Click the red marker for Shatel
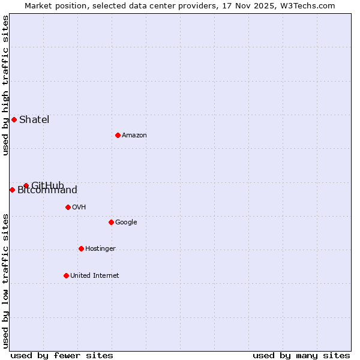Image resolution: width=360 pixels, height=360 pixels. click(14, 119)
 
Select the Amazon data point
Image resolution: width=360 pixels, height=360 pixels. click(118, 135)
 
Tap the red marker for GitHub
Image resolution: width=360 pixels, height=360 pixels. click(26, 185)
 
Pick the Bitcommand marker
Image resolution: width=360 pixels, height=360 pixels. click(12, 190)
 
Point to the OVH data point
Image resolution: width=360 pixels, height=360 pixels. click(68, 207)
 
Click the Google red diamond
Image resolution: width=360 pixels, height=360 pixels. click(111, 222)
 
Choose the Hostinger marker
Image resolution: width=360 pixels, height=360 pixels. click(81, 248)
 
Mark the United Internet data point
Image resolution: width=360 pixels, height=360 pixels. click(66, 275)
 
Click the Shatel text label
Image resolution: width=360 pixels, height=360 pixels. click(34, 119)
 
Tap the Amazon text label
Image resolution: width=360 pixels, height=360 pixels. click(134, 135)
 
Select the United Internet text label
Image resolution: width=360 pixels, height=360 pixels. click(94, 275)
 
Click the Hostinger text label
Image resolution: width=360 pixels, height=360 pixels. click(100, 248)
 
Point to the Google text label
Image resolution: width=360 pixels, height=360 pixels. click(126, 222)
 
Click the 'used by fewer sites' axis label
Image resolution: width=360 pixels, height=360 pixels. click(62, 355)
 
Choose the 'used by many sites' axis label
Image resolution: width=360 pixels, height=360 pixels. click(301, 355)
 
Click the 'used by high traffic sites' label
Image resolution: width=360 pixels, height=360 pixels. click(5, 85)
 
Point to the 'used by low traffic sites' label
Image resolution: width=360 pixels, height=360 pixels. click(5, 281)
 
